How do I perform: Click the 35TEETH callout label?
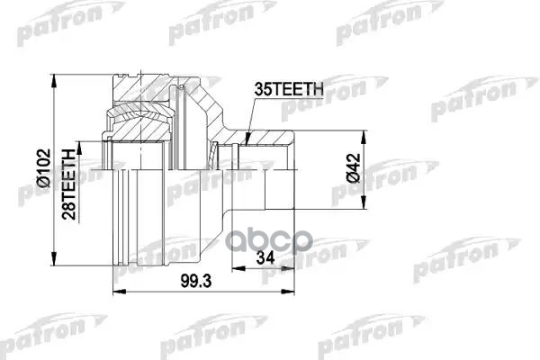289,90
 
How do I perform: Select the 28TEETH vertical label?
68,184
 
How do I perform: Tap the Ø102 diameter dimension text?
44,167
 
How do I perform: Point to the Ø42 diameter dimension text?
353,167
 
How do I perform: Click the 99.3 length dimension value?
195,282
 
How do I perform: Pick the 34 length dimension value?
265,257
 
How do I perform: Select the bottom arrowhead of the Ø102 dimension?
53,258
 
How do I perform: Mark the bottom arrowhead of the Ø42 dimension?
363,202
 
